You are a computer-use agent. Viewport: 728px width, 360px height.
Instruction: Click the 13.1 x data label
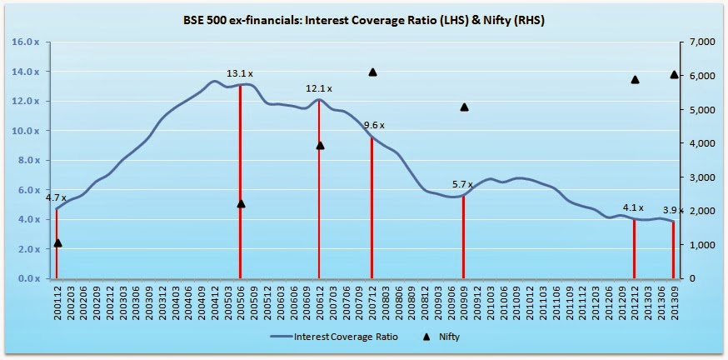coord(240,73)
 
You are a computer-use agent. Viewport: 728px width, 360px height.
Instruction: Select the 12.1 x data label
coord(318,88)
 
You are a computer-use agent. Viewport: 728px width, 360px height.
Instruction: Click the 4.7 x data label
coord(55,197)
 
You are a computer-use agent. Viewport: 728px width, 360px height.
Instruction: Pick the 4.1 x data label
coord(634,207)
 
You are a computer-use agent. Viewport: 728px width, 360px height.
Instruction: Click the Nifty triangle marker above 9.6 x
coord(372,72)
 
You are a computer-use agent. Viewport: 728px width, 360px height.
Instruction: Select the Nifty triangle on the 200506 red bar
coord(241,203)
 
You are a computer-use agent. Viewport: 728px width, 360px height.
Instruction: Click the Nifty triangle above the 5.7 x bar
coord(464,107)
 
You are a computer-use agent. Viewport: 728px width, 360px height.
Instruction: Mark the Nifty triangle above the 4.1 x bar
coord(635,79)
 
